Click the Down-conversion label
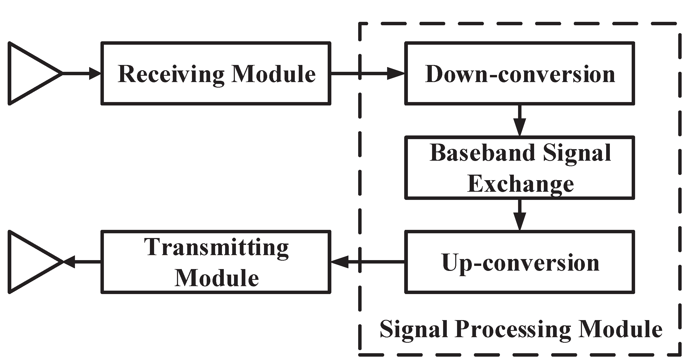pyautogui.click(x=520, y=74)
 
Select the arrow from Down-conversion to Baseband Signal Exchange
pyautogui.click(x=519, y=120)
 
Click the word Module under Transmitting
pyautogui.click(x=217, y=278)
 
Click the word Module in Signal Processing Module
pyautogui.click(x=621, y=329)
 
